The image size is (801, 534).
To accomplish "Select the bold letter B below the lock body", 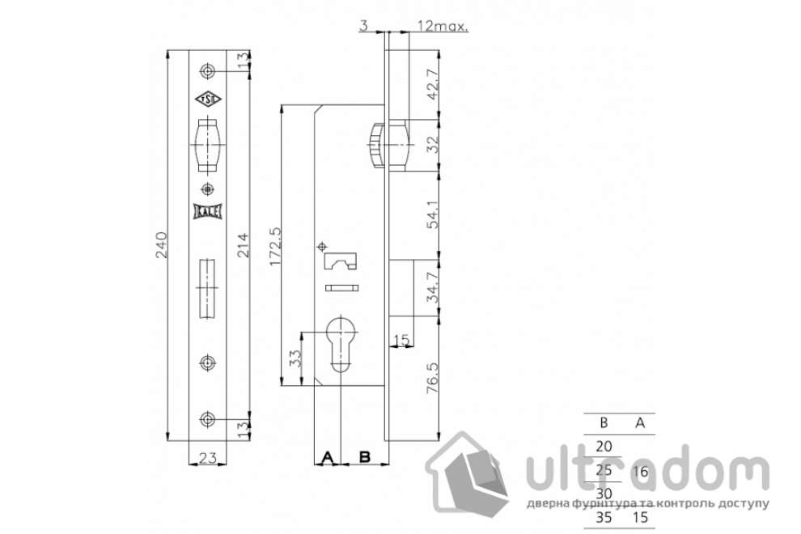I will pos(364,458).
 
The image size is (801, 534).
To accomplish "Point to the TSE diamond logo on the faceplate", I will pos(208,100).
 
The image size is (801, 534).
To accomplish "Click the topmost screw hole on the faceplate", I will pos(209,71).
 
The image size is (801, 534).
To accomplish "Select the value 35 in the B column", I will pos(604,515).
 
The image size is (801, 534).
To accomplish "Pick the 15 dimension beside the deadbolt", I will pos(400,337).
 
